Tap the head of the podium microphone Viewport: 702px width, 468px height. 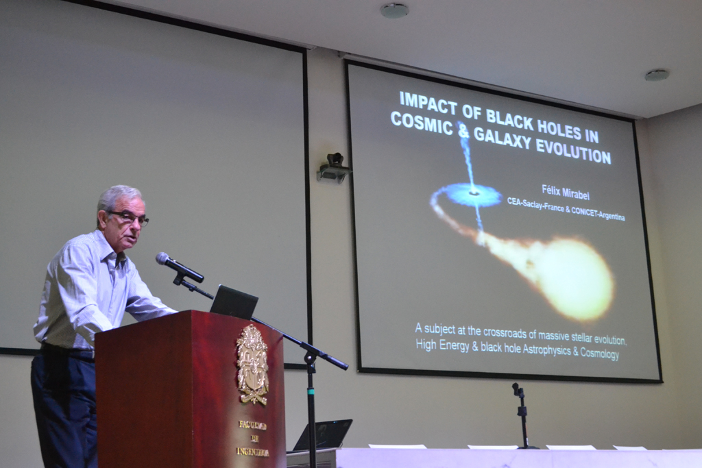coord(162,258)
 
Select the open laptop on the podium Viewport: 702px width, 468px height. coord(233,302)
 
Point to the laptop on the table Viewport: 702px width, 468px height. coord(322,435)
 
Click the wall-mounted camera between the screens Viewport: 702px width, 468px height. coord(334,169)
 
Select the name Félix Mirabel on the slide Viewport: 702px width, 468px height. coord(566,193)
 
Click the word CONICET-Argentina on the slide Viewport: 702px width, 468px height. coord(598,214)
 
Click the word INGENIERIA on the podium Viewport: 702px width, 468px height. coord(253,452)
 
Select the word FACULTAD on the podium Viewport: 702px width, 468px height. coord(253,425)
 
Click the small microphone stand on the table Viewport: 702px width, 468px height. coord(522,415)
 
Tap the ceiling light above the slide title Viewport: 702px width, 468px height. coord(394,10)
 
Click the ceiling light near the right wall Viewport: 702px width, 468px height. coord(657,75)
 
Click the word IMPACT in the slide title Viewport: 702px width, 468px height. coord(428,103)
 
